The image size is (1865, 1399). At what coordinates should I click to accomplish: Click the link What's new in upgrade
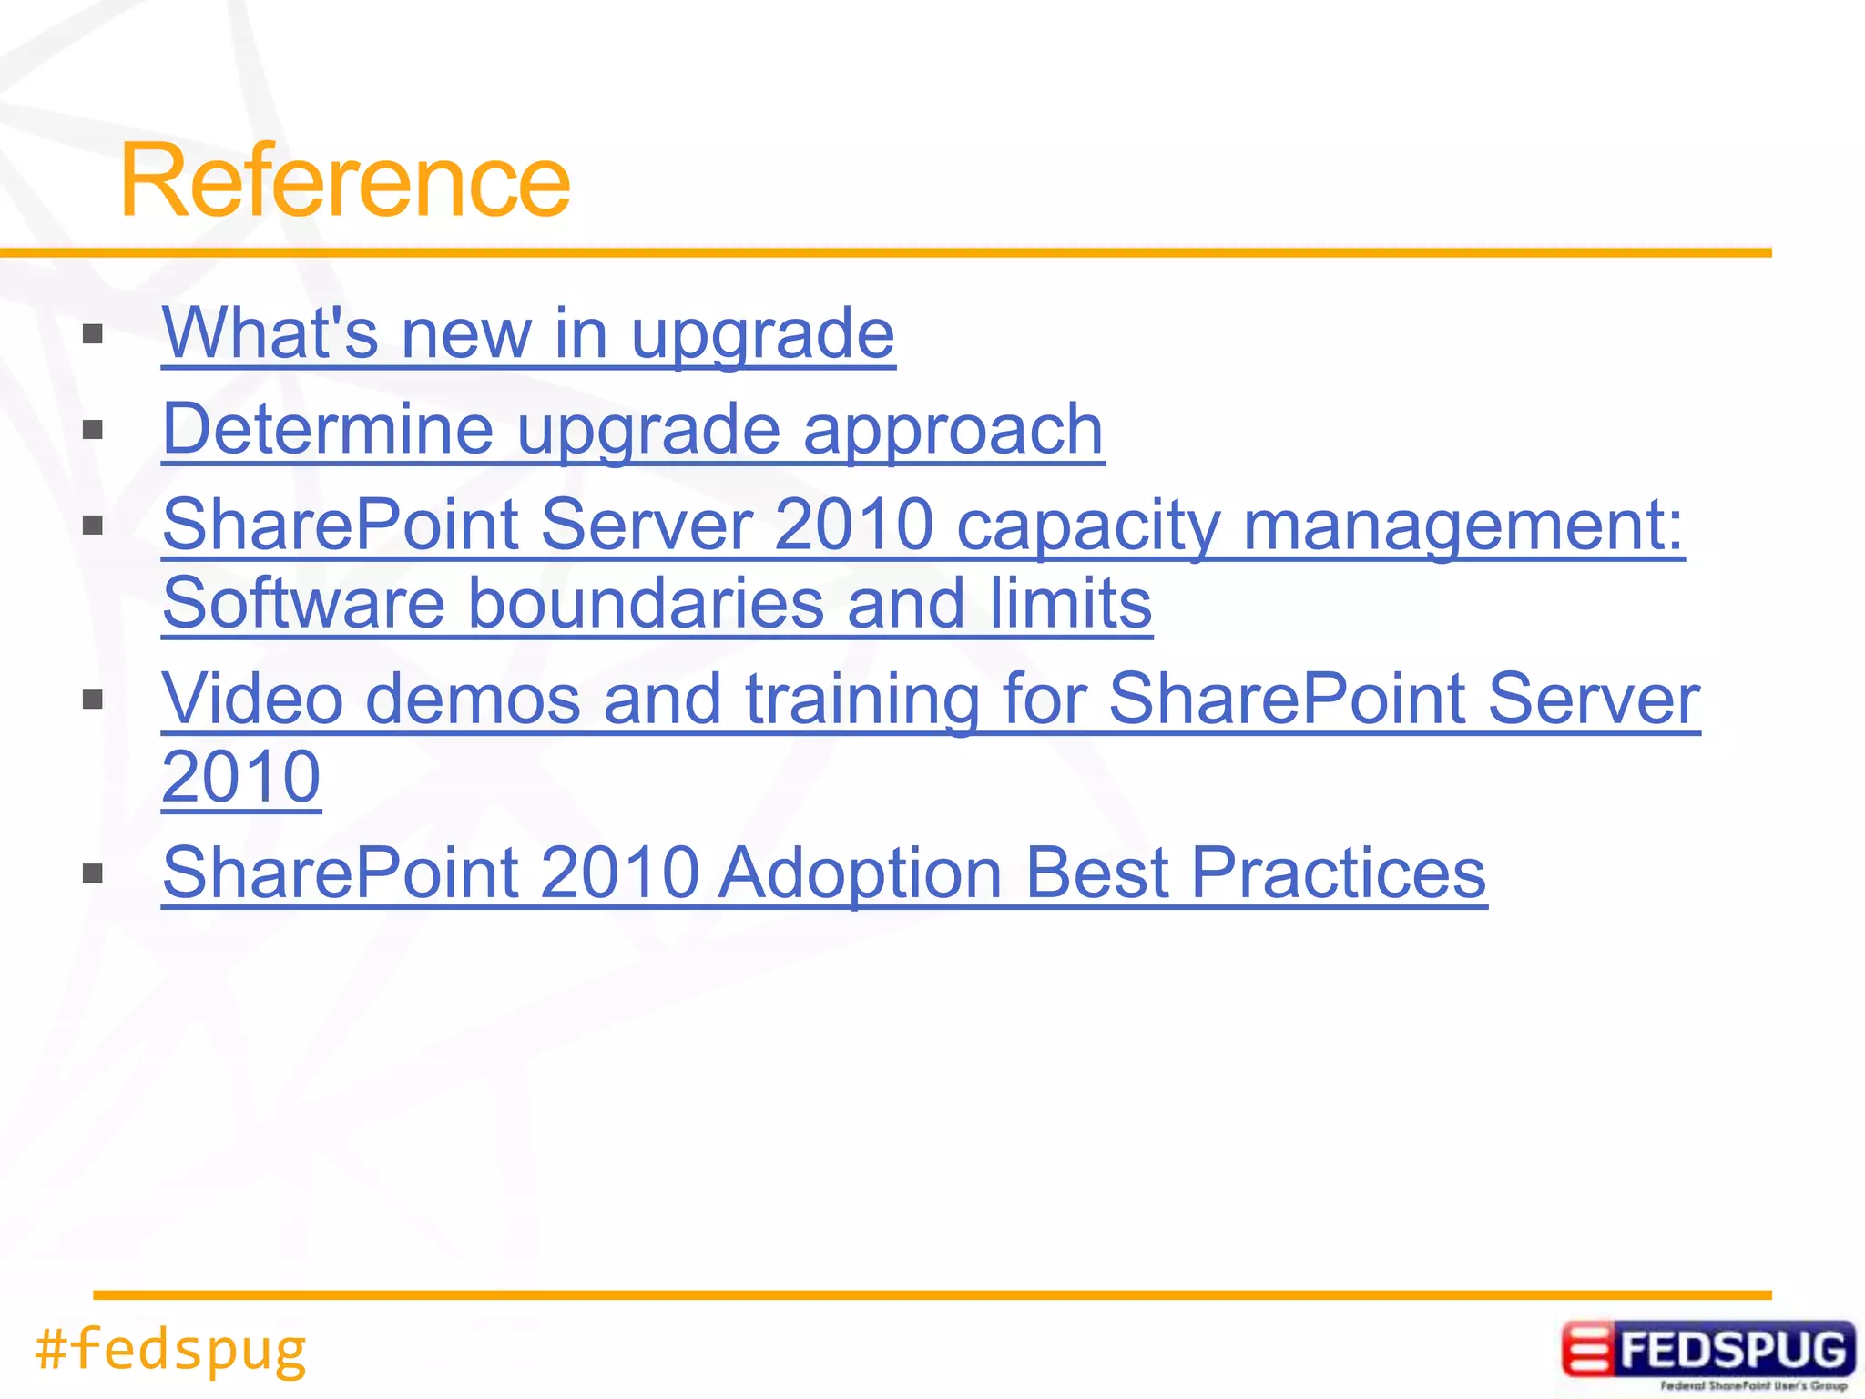(x=528, y=333)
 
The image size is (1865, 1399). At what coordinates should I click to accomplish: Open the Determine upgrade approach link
(x=632, y=429)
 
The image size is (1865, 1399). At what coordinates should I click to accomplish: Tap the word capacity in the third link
(x=1088, y=526)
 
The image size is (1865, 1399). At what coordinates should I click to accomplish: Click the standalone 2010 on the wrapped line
(x=241, y=777)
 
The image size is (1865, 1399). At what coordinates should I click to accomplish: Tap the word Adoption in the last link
(x=860, y=873)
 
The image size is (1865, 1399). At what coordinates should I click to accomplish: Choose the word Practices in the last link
(x=1338, y=873)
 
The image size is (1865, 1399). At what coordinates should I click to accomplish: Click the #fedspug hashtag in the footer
(x=170, y=1350)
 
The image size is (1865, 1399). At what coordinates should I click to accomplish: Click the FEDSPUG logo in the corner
(x=1707, y=1353)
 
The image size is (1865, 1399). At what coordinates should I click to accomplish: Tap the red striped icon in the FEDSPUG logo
(x=1586, y=1350)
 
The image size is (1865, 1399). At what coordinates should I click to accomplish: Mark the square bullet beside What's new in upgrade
(x=93, y=334)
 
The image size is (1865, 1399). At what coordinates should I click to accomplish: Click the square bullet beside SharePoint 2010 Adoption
(x=93, y=874)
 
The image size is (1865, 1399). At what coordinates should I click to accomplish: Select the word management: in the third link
(x=1462, y=526)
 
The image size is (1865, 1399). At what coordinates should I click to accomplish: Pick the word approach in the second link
(x=953, y=429)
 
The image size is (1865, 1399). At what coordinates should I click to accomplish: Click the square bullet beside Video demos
(x=93, y=699)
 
